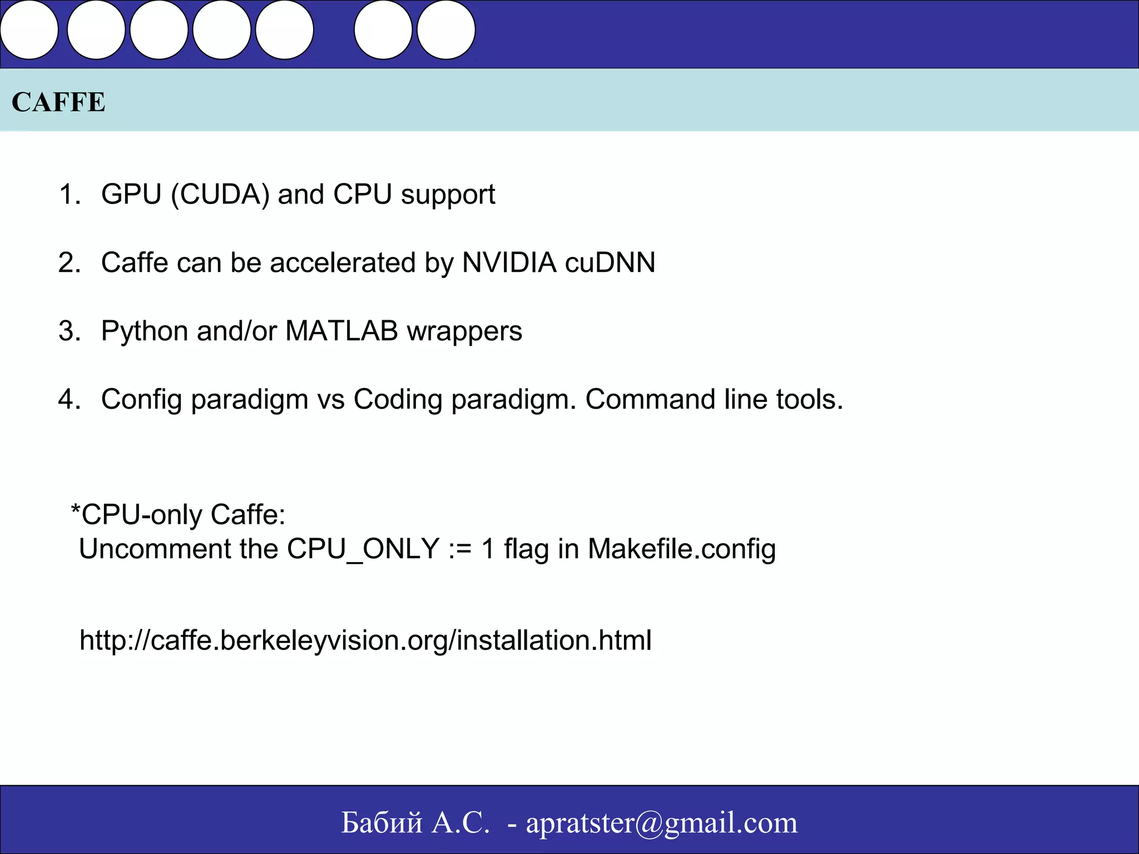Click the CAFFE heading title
point(58,102)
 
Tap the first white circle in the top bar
point(29,30)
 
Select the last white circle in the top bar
point(445,30)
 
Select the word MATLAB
point(341,331)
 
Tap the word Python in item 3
point(145,332)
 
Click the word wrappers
point(464,332)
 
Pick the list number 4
point(69,399)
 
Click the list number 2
point(69,262)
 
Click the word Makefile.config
point(682,549)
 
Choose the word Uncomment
point(155,549)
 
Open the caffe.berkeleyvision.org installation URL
point(365,640)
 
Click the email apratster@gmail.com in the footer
point(662,823)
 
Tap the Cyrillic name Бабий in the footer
point(382,823)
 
